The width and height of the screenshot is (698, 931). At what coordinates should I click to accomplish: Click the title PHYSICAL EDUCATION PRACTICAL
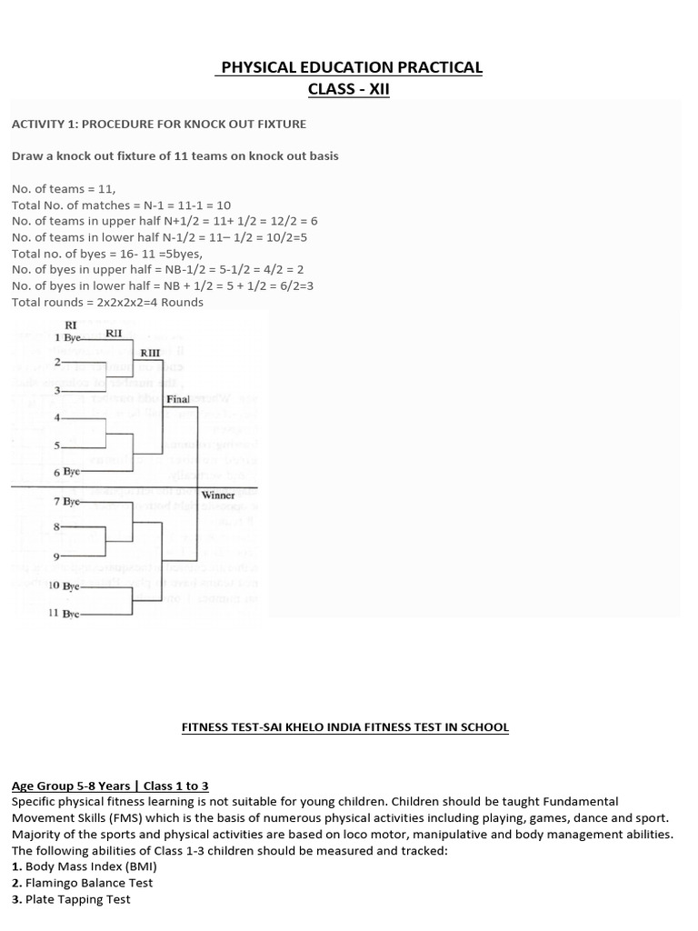pos(349,67)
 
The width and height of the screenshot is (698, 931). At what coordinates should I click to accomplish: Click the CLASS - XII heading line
pos(349,90)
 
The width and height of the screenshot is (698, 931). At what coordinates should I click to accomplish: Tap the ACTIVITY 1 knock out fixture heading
pos(158,124)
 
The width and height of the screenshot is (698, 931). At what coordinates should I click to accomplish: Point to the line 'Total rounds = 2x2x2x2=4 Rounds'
pos(107,302)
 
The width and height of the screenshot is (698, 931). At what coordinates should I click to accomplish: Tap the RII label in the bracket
pos(114,334)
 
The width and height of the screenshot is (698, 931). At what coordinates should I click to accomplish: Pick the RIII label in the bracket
pos(150,353)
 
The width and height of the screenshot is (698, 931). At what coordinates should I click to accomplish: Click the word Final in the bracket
pos(178,398)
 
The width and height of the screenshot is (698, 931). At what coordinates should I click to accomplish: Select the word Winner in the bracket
pos(218,496)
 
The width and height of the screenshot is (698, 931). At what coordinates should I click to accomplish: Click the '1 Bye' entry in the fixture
pos(69,337)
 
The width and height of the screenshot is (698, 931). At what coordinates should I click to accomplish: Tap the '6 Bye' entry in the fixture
pos(68,473)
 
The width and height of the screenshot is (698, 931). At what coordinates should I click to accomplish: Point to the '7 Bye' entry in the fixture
pos(68,501)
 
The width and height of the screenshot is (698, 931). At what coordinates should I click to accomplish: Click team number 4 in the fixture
pos(57,418)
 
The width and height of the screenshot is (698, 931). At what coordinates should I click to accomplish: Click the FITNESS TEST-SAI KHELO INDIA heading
pos(345,727)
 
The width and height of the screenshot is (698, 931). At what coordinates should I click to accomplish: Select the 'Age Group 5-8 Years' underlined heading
pos(109,786)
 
